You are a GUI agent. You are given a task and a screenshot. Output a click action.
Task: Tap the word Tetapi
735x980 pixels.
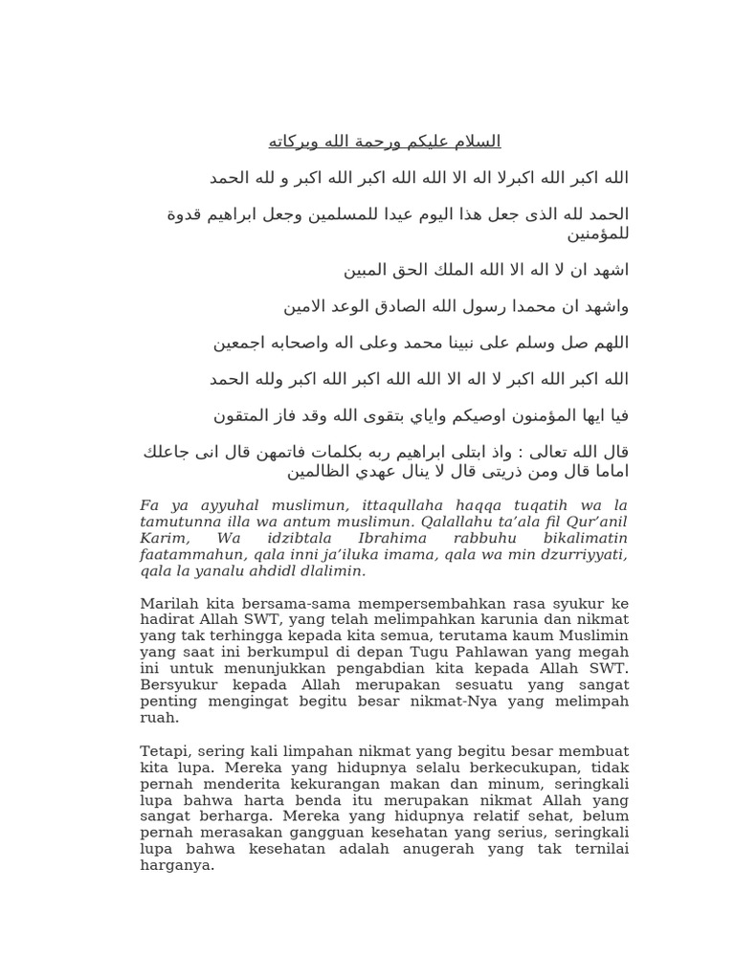click(164, 751)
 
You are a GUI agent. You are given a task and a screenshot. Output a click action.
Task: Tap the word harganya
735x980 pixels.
click(177, 865)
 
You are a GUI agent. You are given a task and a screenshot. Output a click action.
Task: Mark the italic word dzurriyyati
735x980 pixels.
click(586, 554)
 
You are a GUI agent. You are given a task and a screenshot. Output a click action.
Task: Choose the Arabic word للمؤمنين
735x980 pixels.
click(599, 233)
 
